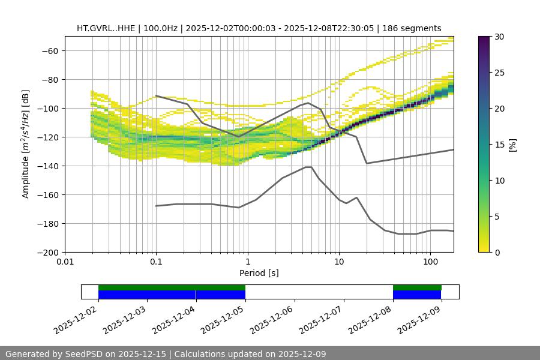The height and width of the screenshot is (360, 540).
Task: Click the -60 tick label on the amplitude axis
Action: click(49, 51)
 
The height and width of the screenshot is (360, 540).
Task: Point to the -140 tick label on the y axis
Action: click(46, 166)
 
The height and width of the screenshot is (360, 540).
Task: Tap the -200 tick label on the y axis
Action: click(46, 253)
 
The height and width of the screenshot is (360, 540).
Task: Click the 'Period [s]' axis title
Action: click(259, 274)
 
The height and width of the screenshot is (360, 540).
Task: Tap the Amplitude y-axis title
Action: click(26, 144)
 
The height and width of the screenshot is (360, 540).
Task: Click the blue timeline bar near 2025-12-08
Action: click(417, 295)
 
